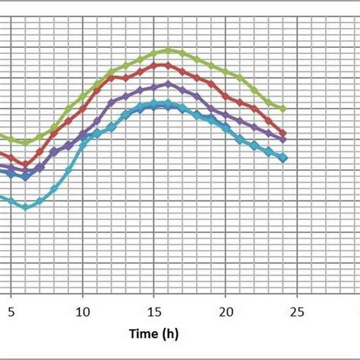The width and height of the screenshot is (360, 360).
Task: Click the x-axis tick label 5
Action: [11, 311]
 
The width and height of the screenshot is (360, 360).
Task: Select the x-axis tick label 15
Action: [154, 311]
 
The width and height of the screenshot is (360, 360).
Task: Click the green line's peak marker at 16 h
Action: [169, 50]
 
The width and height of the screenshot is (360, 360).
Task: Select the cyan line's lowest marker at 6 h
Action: [25, 207]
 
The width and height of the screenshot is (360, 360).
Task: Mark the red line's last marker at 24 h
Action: [283, 133]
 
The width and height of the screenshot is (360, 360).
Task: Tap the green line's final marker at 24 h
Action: [283, 109]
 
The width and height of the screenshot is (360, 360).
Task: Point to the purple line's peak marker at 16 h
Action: [169, 84]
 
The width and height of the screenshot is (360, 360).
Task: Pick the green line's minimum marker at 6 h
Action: [25, 142]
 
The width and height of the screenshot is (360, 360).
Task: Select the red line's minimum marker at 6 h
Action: [25, 164]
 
